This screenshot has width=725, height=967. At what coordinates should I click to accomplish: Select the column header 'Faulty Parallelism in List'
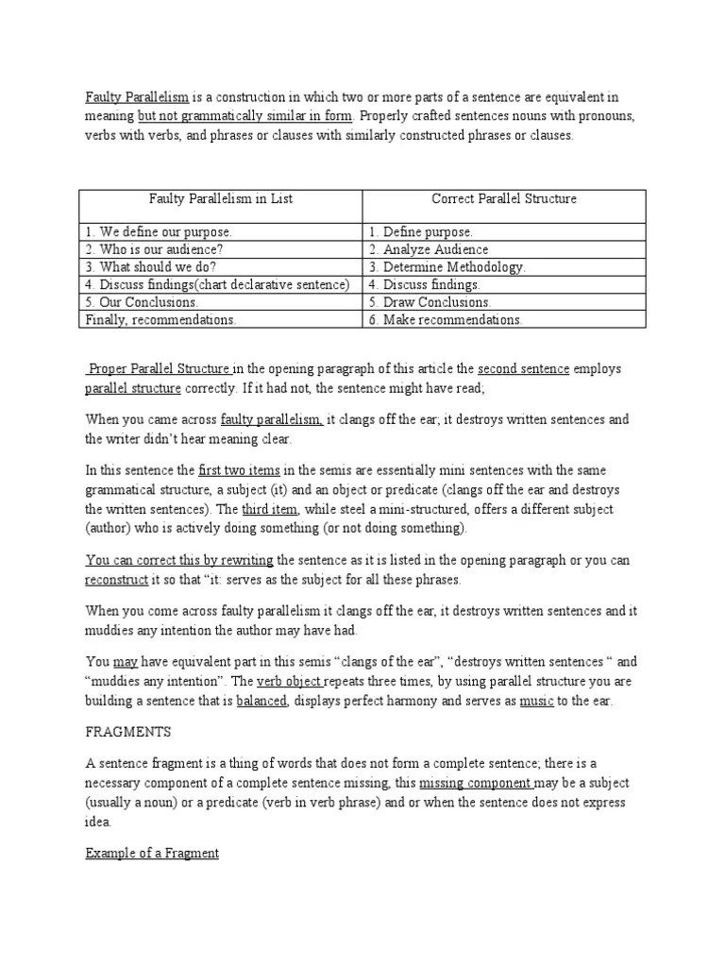click(x=221, y=199)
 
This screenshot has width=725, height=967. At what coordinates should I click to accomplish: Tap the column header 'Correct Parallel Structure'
click(x=504, y=199)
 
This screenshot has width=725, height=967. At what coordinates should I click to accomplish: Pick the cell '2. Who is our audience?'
click(x=156, y=249)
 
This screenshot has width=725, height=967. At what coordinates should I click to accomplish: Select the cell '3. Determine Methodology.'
click(x=447, y=267)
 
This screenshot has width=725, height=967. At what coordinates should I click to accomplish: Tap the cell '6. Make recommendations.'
click(x=446, y=320)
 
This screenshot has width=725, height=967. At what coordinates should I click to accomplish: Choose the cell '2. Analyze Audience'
click(x=429, y=249)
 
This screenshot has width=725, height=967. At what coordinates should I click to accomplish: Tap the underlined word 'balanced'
click(x=261, y=700)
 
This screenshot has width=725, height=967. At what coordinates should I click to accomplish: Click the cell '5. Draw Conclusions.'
click(x=430, y=302)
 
